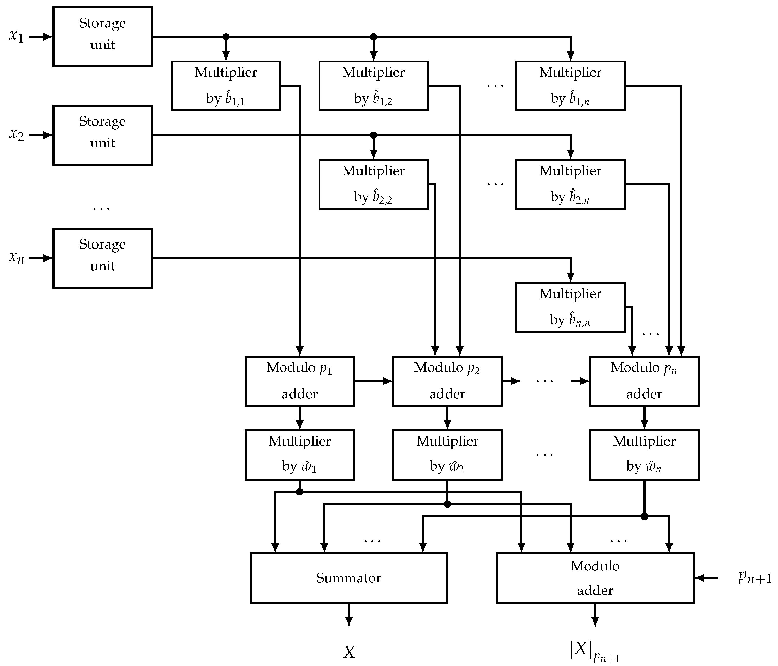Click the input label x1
[16, 36]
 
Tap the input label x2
[16, 134]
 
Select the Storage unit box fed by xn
[102, 258]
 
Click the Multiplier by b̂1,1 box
[226, 86]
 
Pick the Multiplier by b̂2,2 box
[373, 184]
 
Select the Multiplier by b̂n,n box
[570, 307]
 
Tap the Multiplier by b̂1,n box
[570, 86]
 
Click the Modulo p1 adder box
[300, 381]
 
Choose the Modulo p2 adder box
[447, 381]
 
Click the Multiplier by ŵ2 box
[447, 455]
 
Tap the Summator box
[349, 578]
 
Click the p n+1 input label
[754, 578]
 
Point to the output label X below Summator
[349, 652]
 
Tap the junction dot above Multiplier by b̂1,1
[226, 37]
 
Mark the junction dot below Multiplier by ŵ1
[300, 492]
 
